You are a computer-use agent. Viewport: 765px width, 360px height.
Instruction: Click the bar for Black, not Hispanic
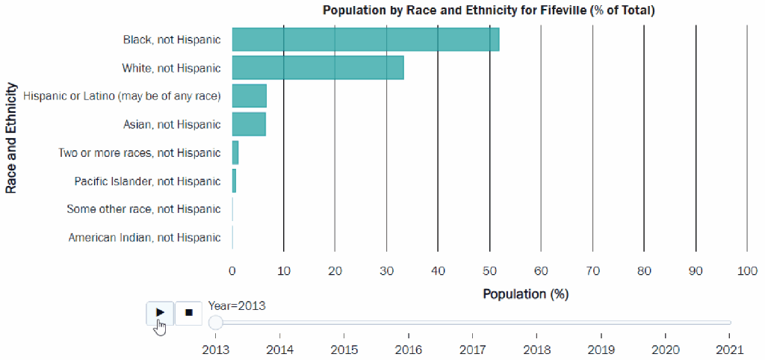(365, 39)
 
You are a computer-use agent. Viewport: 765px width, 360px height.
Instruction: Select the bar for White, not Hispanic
(318, 67)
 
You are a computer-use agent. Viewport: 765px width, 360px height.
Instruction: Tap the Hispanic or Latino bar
(249, 96)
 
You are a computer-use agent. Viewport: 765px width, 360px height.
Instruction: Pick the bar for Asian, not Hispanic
(248, 124)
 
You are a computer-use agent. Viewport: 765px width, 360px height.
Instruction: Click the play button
(160, 312)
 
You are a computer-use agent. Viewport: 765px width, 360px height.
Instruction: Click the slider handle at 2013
(216, 323)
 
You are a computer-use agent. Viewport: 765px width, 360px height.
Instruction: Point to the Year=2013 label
(237, 305)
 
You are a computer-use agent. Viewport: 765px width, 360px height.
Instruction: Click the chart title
(489, 10)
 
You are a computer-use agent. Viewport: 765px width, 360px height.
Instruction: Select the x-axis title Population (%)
(525, 294)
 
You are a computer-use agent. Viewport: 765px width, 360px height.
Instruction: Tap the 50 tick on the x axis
(489, 270)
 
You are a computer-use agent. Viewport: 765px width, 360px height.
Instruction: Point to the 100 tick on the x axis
(747, 270)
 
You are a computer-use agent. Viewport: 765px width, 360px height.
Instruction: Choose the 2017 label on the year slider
(473, 349)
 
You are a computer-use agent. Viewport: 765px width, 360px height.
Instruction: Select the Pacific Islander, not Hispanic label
(147, 181)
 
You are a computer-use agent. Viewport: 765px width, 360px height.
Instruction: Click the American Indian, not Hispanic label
(144, 238)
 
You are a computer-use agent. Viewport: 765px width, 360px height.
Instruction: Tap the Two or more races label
(139, 152)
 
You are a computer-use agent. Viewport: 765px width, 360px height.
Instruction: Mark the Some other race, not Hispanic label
(143, 209)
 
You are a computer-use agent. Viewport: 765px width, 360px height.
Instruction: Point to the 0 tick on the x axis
(232, 270)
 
